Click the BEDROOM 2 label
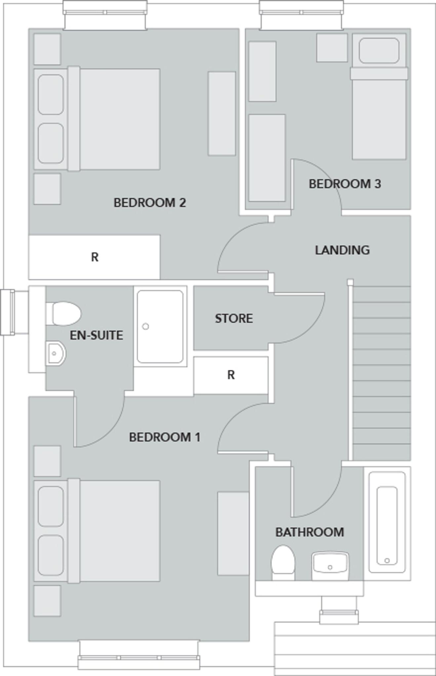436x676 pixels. tap(150, 202)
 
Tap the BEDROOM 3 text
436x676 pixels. tap(344, 184)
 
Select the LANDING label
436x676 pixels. tap(342, 250)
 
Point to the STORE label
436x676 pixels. tap(234, 318)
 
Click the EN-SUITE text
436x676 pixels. tap(96, 335)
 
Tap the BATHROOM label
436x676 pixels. tap(309, 532)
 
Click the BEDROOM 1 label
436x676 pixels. tap(164, 437)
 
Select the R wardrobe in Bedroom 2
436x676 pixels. tap(95, 257)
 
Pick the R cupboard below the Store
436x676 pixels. tap(231, 375)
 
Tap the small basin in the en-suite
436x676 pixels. tap(55, 354)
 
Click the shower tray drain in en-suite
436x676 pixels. tap(145, 326)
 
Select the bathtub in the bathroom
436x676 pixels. tap(387, 525)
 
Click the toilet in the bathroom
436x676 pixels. tap(283, 561)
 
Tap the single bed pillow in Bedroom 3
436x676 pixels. tap(379, 51)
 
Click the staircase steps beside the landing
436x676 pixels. tap(382, 373)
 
